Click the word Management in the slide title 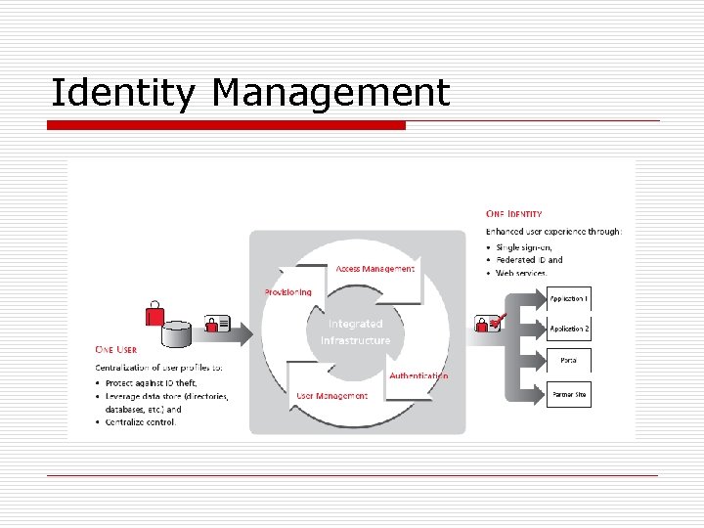[330, 93]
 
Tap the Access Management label [374, 269]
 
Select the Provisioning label [288, 292]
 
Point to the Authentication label [418, 375]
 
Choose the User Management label [331, 396]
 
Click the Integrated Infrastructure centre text [355, 332]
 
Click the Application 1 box [568, 298]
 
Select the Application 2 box [568, 330]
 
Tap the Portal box [568, 361]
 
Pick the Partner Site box [568, 394]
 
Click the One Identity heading [514, 213]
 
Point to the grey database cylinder [177, 333]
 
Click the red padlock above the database [154, 313]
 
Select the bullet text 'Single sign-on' [524, 247]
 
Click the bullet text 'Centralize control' [141, 422]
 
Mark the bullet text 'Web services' [520, 273]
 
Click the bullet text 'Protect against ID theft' [152, 382]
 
